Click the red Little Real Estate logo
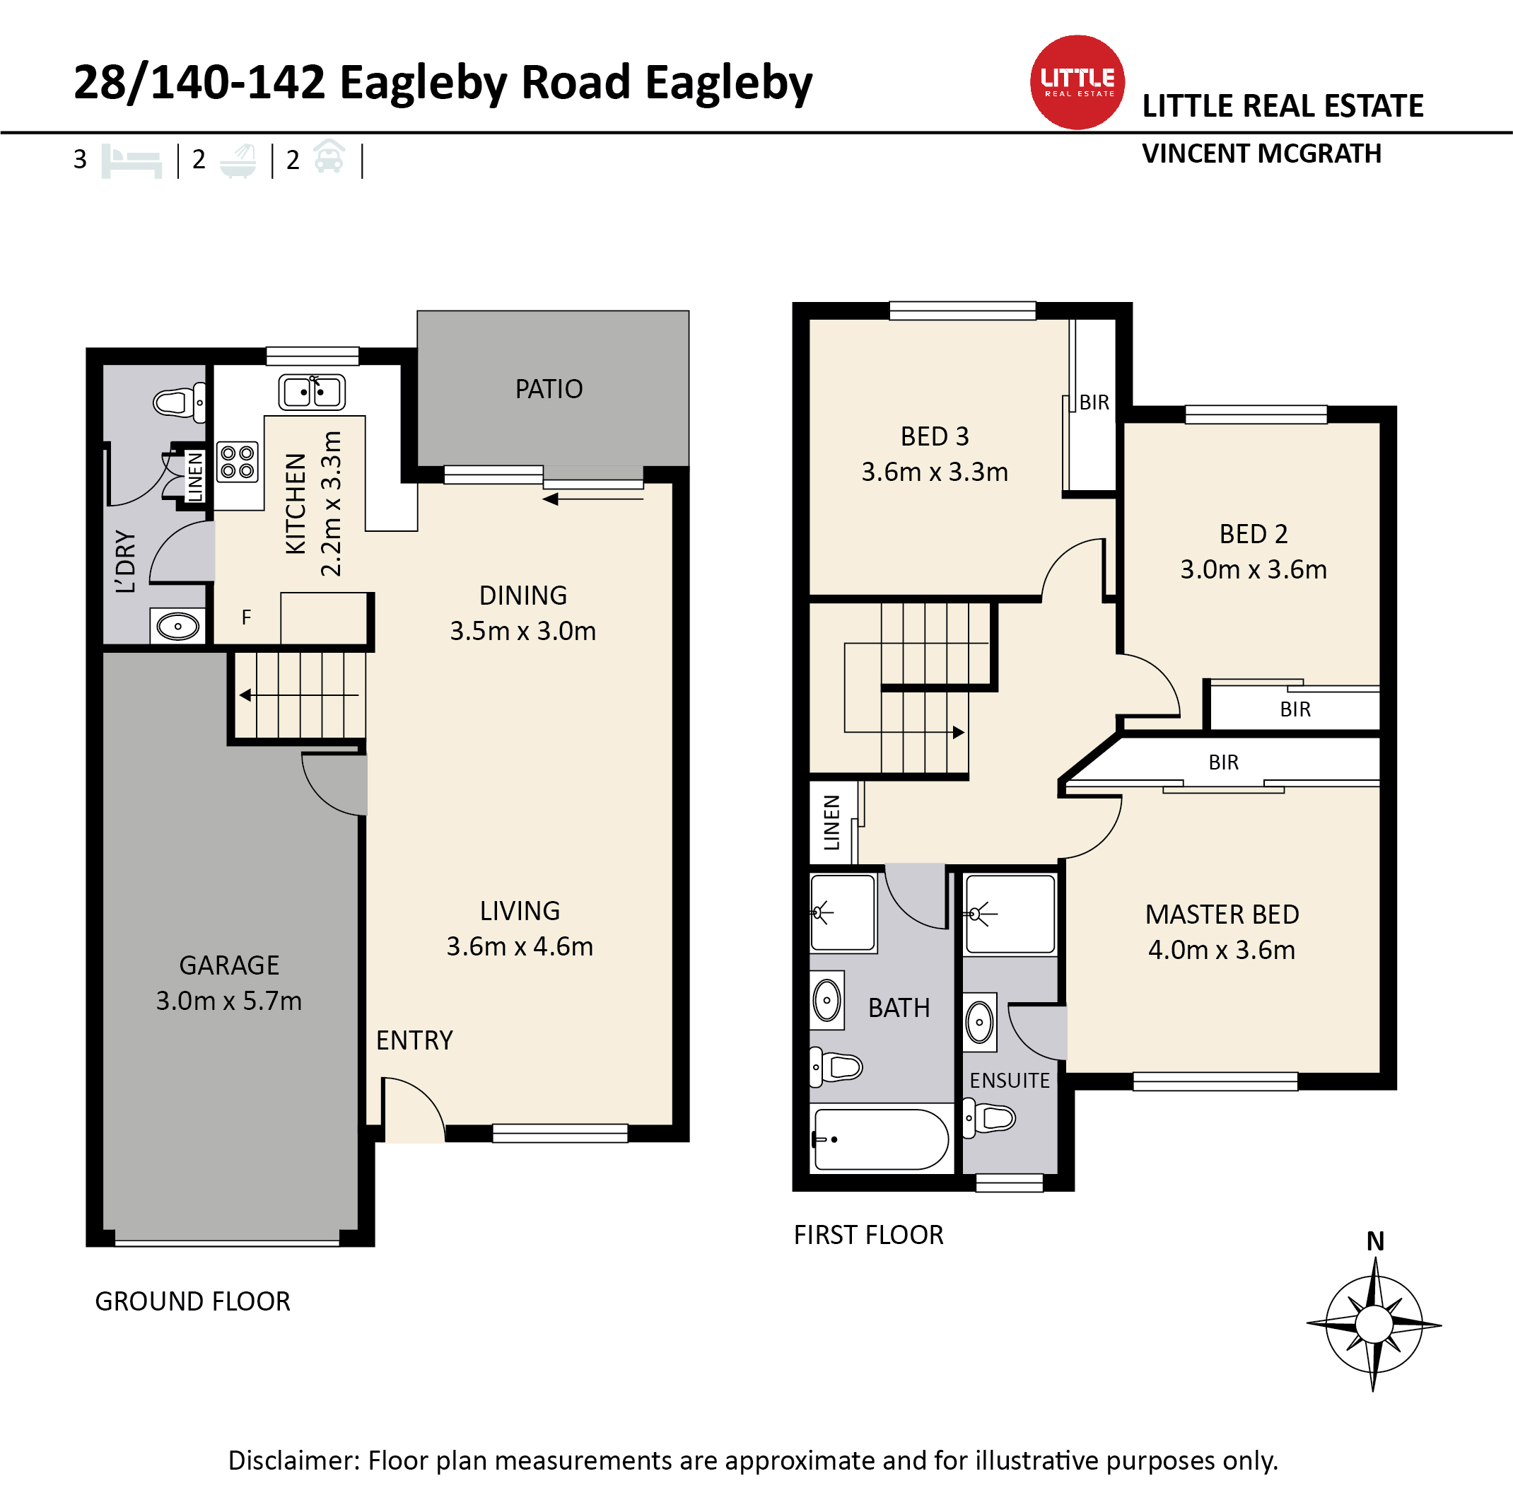1077,82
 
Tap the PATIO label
549,389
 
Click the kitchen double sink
312,393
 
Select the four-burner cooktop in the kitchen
238,462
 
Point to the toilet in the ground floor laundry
180,402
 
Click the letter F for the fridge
247,618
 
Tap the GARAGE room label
230,966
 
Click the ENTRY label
414,1040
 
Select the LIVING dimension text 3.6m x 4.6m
520,947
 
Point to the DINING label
523,596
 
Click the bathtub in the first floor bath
881,1139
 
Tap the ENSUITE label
1010,1081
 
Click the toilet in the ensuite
989,1117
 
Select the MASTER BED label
1222,915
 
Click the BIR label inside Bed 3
1094,402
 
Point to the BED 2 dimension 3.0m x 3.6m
1254,569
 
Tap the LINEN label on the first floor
831,823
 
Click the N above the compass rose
1375,1241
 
